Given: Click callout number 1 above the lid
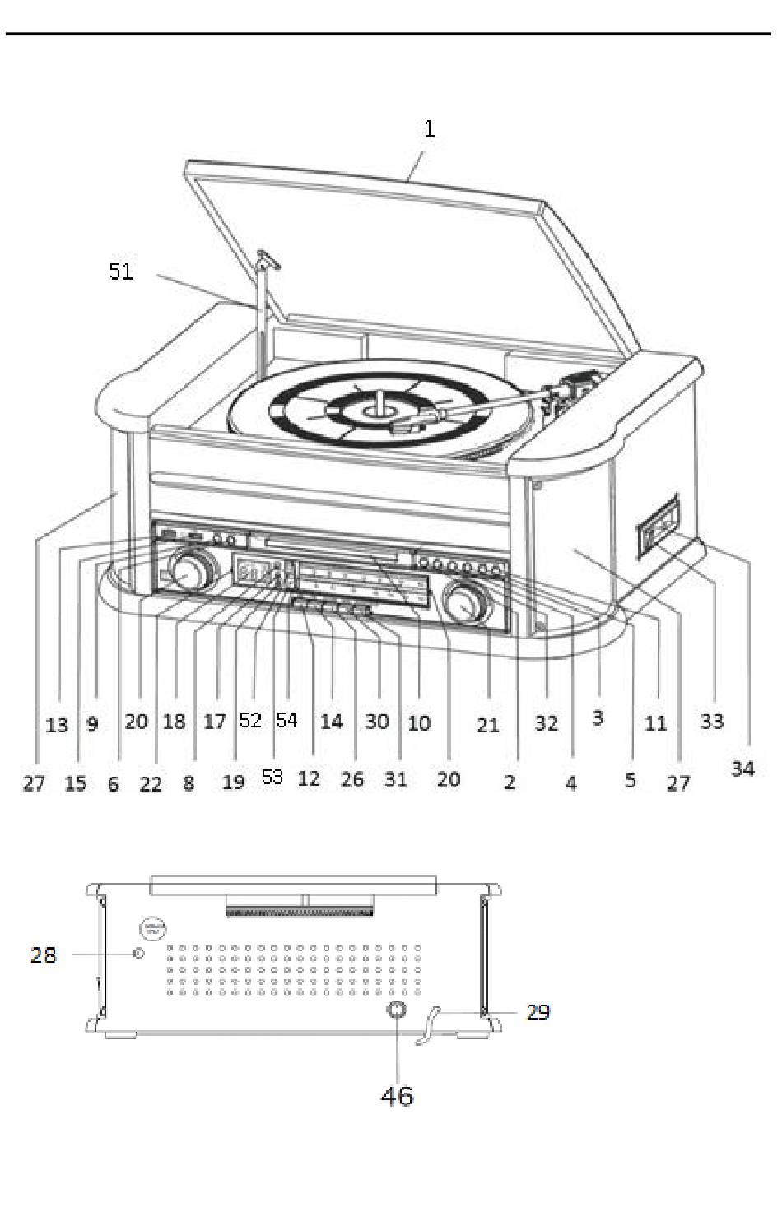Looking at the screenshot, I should point(429,129).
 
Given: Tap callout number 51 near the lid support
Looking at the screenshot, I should point(121,272).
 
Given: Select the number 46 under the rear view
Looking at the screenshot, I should point(397,1095).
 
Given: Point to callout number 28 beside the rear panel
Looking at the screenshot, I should point(44,954).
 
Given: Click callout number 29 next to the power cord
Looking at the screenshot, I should point(538,1012).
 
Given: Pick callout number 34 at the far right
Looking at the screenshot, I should point(742,769).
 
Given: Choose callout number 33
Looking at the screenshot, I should point(711,722).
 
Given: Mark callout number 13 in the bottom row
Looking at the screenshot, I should point(57,725).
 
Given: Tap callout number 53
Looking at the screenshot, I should point(272,777).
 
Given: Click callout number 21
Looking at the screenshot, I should point(488,725).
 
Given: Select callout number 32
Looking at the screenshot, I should point(546,723).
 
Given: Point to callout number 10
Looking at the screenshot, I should point(419,723).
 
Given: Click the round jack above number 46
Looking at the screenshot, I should point(397,1011).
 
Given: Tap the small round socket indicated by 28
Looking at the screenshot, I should point(137,954).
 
